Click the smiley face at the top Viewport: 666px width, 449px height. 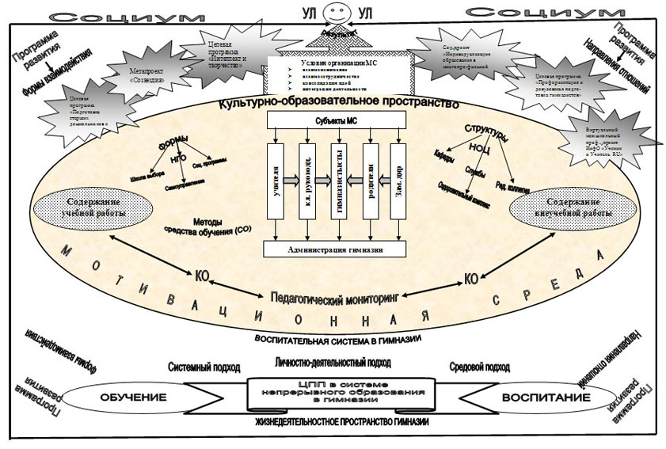pyautogui.click(x=337, y=13)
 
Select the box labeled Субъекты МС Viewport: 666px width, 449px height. pyautogui.click(x=337, y=120)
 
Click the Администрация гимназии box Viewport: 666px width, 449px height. pyautogui.click(x=337, y=249)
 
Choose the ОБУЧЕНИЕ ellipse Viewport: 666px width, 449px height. pyautogui.click(x=118, y=396)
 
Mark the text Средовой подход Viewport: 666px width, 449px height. pyautogui.click(x=480, y=367)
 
